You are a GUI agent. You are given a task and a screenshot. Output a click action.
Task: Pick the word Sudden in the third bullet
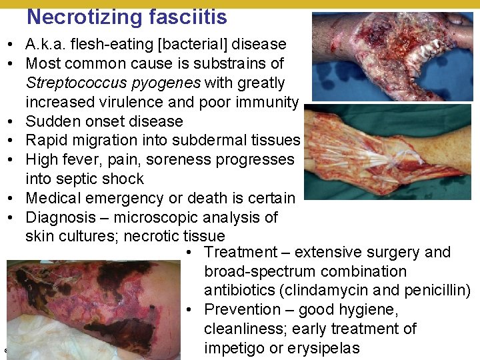(49, 121)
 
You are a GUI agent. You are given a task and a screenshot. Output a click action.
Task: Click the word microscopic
(153, 217)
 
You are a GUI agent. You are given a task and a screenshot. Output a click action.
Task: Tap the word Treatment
(240, 253)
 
